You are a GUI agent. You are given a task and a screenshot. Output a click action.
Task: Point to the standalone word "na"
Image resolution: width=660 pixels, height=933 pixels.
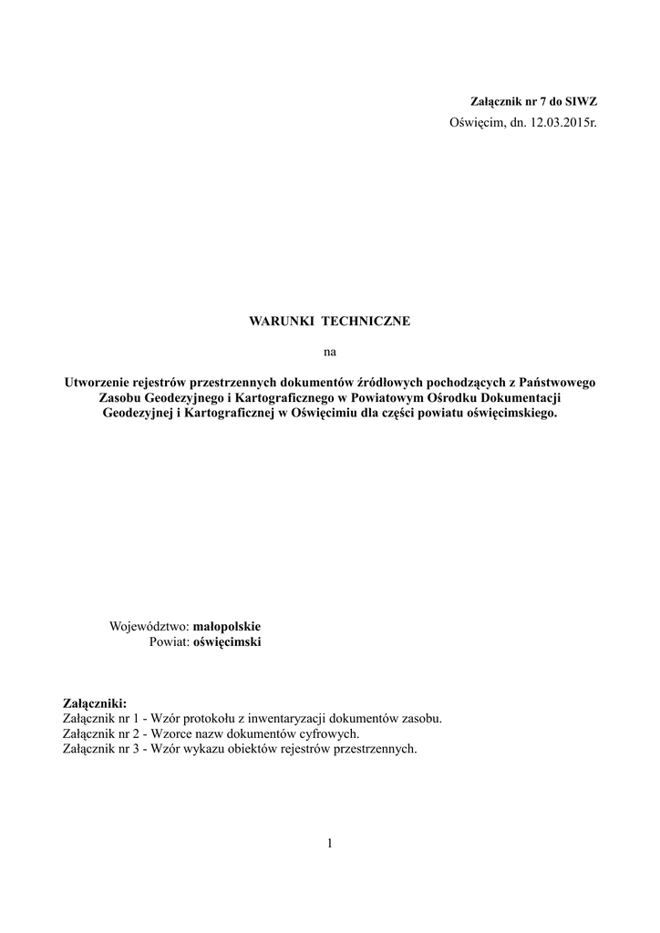click(330, 352)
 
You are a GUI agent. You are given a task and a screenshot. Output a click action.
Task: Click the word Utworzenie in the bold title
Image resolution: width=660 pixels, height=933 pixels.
click(97, 383)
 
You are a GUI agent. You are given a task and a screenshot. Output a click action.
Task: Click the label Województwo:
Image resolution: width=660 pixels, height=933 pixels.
click(149, 628)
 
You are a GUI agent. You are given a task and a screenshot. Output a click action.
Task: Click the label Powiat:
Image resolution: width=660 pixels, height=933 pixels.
click(168, 642)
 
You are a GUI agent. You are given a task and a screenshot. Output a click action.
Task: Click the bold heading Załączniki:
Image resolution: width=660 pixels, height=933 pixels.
click(95, 704)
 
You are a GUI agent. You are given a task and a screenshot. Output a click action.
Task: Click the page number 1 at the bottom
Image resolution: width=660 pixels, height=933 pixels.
click(330, 844)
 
